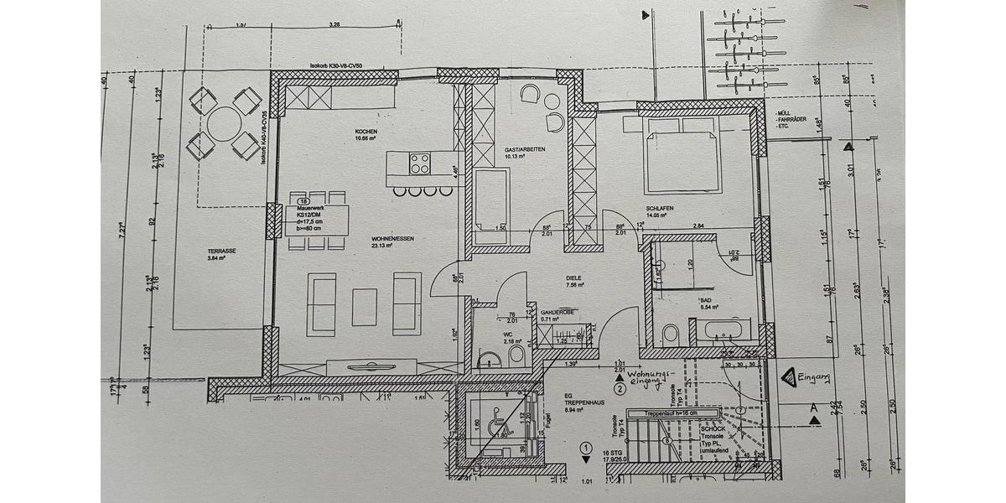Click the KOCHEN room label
[x=366, y=132]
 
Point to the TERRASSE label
[x=221, y=251]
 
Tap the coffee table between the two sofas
[x=365, y=306]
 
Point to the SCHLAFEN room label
[x=660, y=209]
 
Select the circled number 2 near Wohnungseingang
[x=620, y=388]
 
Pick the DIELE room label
[x=573, y=278]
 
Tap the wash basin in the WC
[x=490, y=360]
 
